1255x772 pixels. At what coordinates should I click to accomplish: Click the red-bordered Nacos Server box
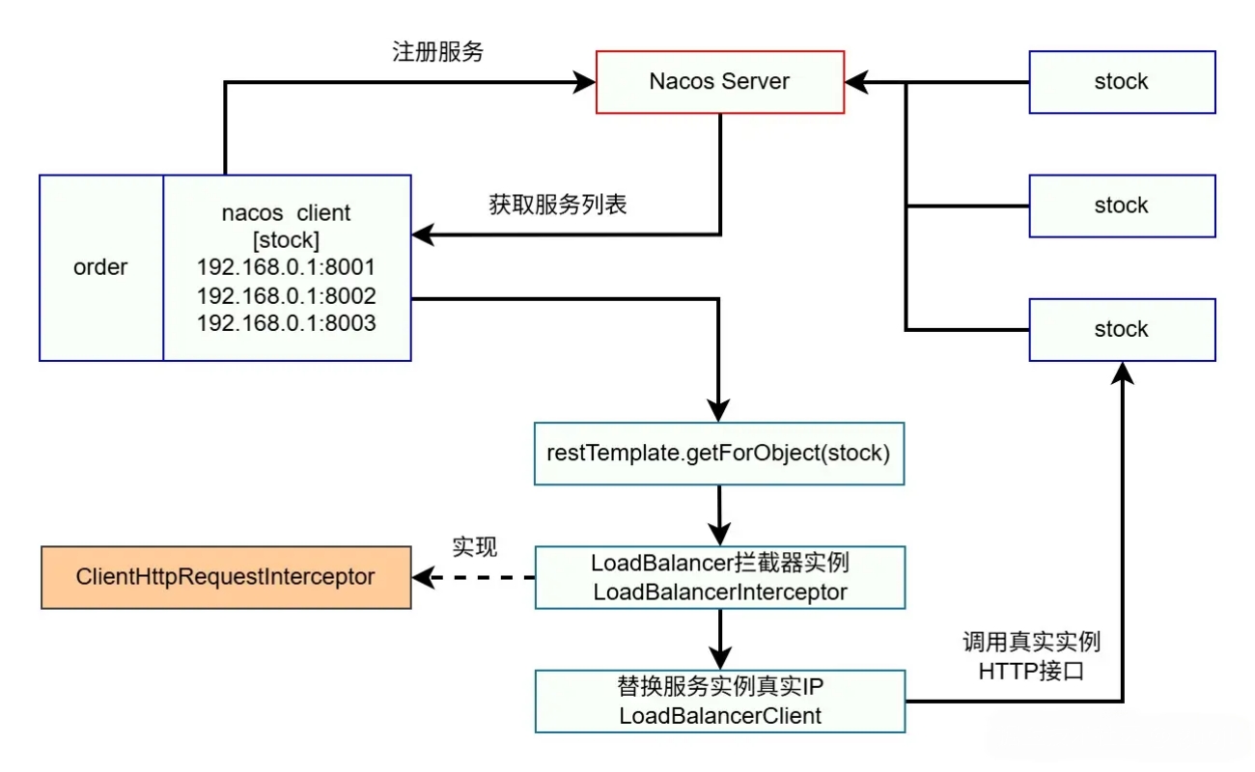[720, 82]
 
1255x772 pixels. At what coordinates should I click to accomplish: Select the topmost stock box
[1122, 82]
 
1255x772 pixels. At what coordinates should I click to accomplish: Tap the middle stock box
[1122, 206]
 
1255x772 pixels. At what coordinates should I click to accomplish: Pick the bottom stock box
[1122, 329]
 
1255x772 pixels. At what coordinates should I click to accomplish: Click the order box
[100, 267]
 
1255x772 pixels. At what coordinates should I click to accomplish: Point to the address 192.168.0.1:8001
[286, 267]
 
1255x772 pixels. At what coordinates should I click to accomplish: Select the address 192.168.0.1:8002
[286, 295]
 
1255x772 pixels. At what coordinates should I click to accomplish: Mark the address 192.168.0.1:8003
[286, 323]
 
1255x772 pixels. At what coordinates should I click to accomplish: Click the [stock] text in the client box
[286, 239]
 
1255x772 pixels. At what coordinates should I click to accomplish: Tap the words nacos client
[286, 212]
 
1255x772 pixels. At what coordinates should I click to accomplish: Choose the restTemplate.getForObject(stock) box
[719, 453]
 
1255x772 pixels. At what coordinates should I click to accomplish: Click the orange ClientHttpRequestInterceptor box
[226, 577]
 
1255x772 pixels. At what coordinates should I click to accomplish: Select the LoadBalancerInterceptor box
[719, 577]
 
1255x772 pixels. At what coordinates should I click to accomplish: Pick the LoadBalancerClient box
[719, 702]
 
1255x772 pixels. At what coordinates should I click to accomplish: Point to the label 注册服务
[438, 52]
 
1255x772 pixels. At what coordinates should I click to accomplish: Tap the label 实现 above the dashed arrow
[475, 547]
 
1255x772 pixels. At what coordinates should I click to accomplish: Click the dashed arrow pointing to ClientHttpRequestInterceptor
[473, 578]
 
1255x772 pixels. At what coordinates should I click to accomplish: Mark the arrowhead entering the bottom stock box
[1122, 372]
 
